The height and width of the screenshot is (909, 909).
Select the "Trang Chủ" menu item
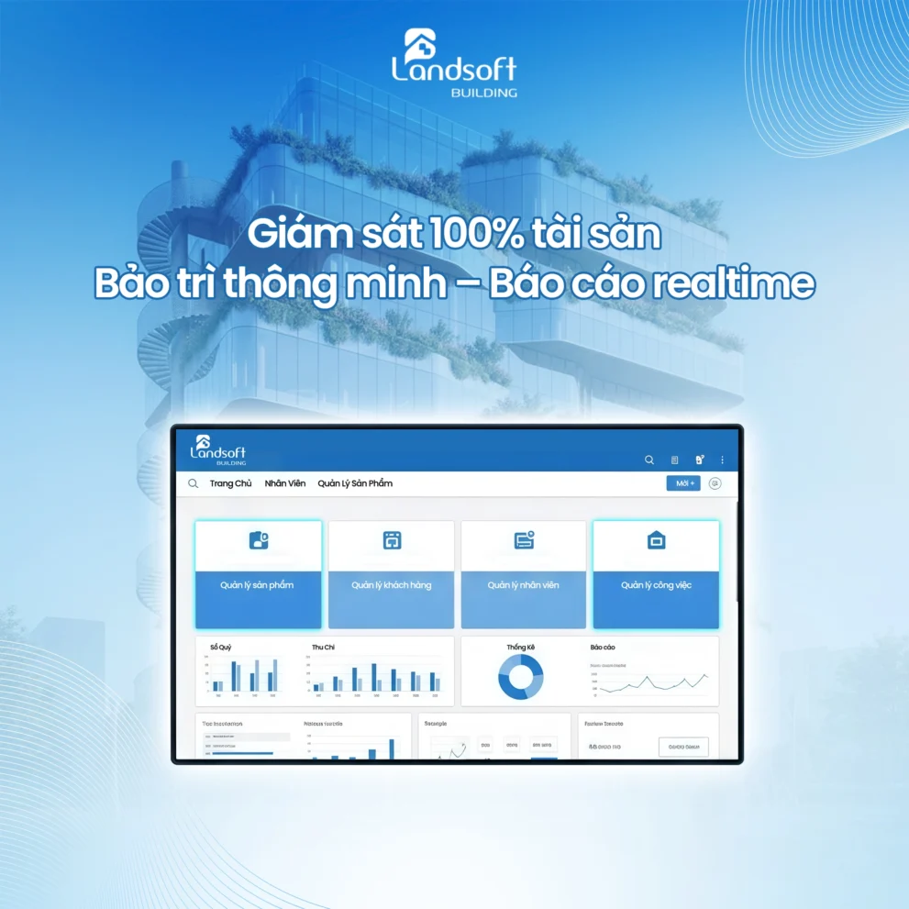(230, 483)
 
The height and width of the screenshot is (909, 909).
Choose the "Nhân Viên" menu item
(285, 483)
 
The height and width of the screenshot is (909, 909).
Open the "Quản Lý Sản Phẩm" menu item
(355, 483)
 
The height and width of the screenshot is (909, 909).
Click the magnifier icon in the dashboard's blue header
(649, 460)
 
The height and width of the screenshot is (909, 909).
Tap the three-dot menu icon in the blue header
(722, 460)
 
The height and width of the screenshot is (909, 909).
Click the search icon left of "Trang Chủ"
(194, 483)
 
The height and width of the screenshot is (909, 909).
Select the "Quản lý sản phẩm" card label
(258, 585)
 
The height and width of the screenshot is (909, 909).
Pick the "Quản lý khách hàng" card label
(392, 585)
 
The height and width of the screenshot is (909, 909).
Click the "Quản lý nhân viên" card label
(524, 585)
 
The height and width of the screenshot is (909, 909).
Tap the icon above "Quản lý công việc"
(656, 540)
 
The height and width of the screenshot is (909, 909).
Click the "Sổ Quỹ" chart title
(220, 648)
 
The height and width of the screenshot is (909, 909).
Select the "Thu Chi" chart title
(323, 648)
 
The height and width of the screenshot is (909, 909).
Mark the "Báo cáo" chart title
(603, 648)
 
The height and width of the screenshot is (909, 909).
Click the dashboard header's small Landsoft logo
(217, 449)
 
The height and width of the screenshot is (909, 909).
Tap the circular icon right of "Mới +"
(715, 483)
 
